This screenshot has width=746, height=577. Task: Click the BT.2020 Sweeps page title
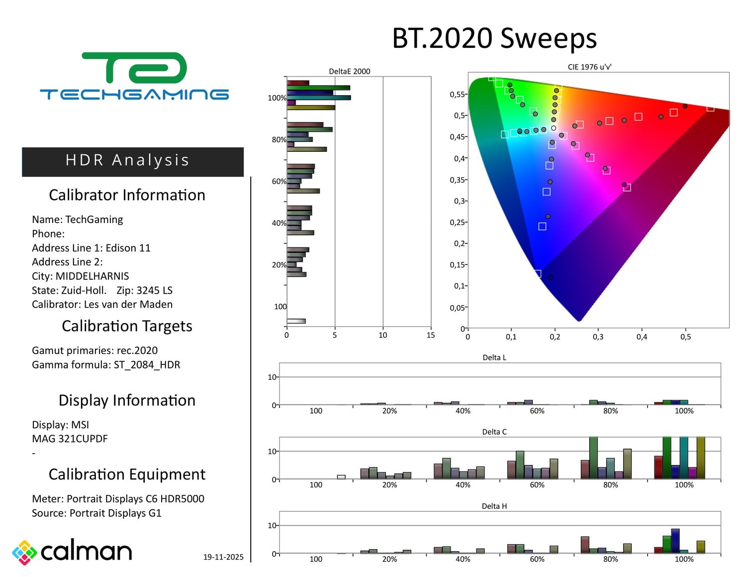coord(494,38)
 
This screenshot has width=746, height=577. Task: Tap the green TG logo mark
coord(134,68)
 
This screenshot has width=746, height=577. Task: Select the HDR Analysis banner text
coord(127,160)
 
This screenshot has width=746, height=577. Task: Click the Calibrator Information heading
coord(127,195)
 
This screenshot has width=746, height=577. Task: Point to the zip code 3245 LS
coord(154,290)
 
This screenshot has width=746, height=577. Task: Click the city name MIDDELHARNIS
coord(92,276)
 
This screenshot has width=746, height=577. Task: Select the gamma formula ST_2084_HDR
coord(147,365)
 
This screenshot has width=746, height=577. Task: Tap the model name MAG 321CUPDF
coord(70,439)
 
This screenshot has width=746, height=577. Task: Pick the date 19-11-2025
coord(223,557)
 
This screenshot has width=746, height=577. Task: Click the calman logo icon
coord(24,552)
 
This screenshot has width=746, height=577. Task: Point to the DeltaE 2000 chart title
coord(349,71)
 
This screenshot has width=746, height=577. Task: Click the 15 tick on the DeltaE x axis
coord(431,335)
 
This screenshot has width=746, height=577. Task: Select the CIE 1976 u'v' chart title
coord(589,67)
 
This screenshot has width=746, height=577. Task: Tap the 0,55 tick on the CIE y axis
coord(457,95)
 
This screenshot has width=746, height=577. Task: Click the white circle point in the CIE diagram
coord(554,128)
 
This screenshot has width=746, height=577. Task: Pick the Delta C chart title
coord(494,432)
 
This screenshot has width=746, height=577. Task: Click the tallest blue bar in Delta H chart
coord(675,541)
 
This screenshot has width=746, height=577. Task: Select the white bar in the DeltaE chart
coord(296,321)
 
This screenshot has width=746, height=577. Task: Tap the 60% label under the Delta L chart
coord(537,411)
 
